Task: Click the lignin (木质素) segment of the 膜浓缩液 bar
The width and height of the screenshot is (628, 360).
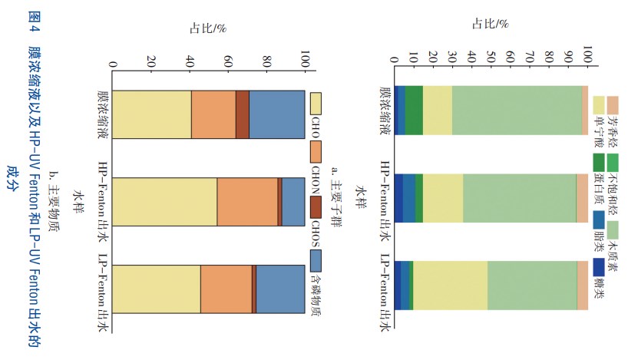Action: [517, 110]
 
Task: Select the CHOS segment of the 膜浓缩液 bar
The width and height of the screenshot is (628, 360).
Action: [242, 114]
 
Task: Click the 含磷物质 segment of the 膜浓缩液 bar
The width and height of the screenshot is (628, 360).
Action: [276, 114]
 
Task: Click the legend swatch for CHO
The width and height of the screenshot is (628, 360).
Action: [315, 101]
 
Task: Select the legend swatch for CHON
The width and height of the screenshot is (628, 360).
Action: [315, 150]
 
